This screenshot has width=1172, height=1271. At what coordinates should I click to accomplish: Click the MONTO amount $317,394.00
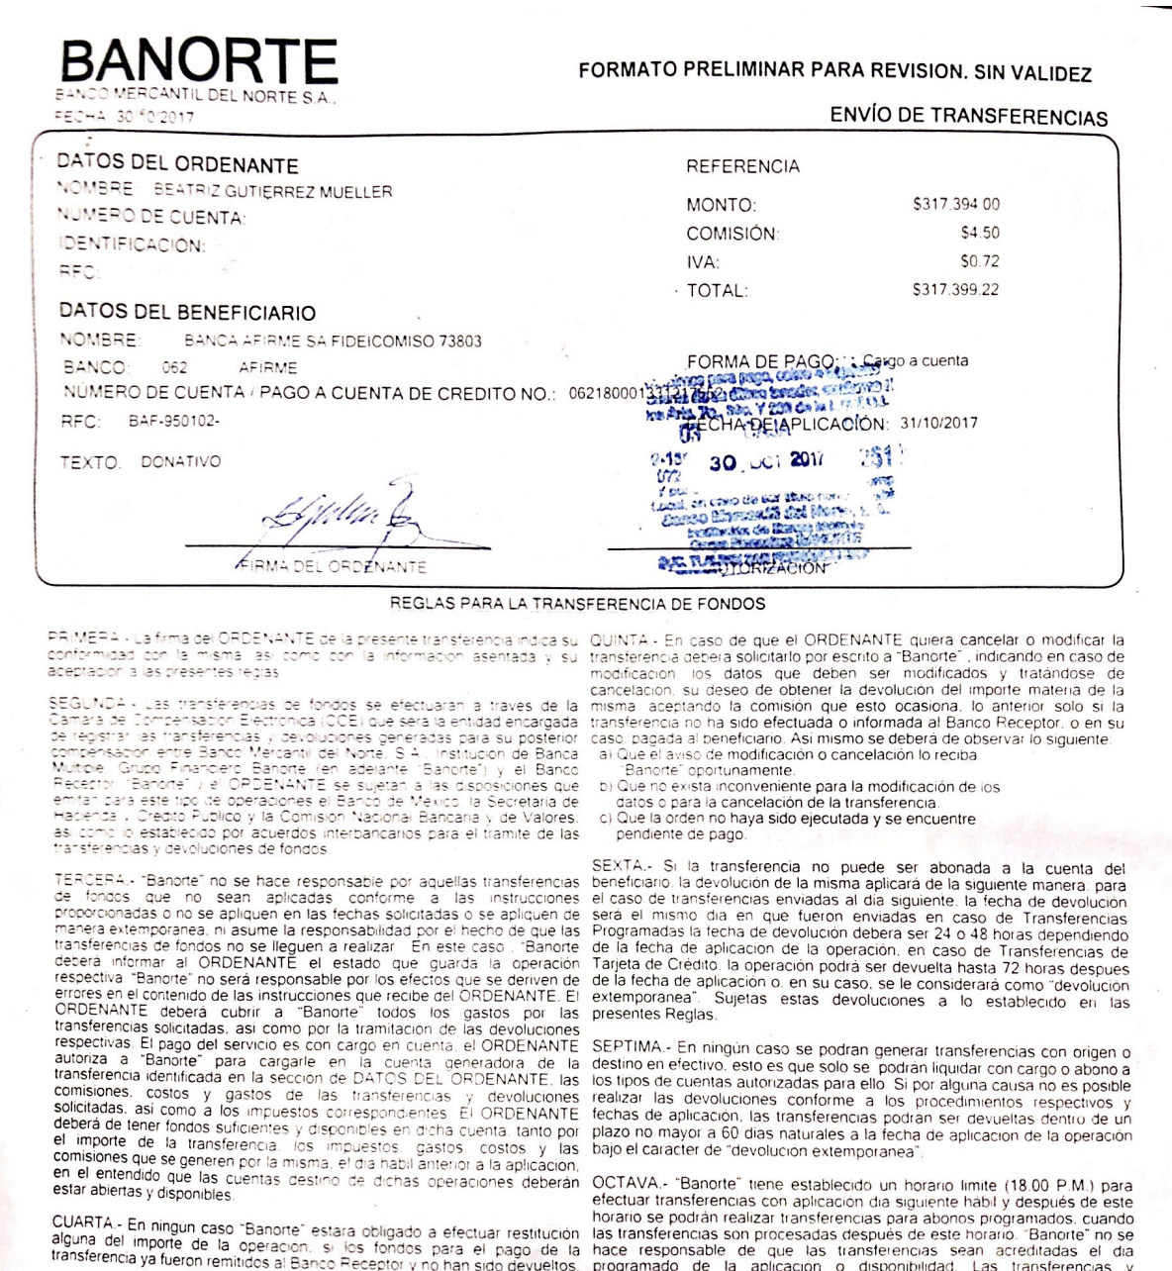click(x=955, y=205)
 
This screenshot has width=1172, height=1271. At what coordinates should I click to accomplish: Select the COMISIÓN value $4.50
click(x=979, y=234)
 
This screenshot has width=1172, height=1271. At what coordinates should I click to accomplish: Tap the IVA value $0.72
click(x=979, y=262)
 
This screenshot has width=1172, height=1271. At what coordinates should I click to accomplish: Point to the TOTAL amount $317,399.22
click(x=955, y=291)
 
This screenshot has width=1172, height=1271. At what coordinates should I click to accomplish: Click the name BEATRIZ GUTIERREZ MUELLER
click(x=272, y=191)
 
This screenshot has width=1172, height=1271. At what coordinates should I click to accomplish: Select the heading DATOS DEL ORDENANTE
click(x=177, y=164)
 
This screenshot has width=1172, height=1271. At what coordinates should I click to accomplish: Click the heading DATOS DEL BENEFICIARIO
click(x=187, y=313)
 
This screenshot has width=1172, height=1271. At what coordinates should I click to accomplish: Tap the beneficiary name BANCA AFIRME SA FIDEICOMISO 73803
click(x=333, y=342)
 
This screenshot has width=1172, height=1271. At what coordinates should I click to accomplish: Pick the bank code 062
click(x=174, y=367)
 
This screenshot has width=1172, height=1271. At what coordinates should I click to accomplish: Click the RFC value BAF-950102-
click(x=174, y=422)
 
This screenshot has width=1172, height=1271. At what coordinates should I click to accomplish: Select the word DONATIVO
click(x=180, y=462)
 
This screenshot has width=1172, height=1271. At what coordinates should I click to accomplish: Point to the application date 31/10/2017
click(x=938, y=423)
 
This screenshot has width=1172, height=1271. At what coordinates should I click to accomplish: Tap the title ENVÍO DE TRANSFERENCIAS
click(x=968, y=117)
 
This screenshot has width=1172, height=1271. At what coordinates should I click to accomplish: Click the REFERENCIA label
click(x=742, y=166)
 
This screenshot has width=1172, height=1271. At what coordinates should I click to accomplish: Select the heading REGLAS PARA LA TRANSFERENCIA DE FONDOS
click(x=577, y=603)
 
